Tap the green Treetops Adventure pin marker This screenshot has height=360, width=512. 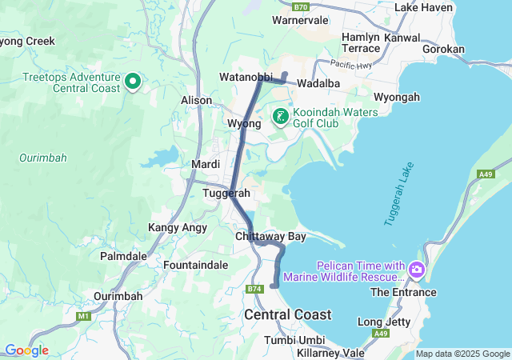pyautogui.click(x=133, y=82)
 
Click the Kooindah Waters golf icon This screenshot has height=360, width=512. pyautogui.click(x=280, y=118)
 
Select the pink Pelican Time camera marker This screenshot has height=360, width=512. pyautogui.click(x=416, y=270)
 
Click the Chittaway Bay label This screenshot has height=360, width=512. pyautogui.click(x=270, y=237)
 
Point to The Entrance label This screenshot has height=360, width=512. pyautogui.click(x=404, y=292)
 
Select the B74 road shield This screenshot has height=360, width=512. pyautogui.click(x=254, y=289)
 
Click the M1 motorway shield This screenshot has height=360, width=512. pyautogui.click(x=84, y=317)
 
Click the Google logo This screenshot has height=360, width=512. pyautogui.click(x=26, y=350)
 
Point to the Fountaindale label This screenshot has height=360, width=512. pyautogui.click(x=196, y=264)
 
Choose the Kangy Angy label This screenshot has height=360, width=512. pyautogui.click(x=178, y=228)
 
